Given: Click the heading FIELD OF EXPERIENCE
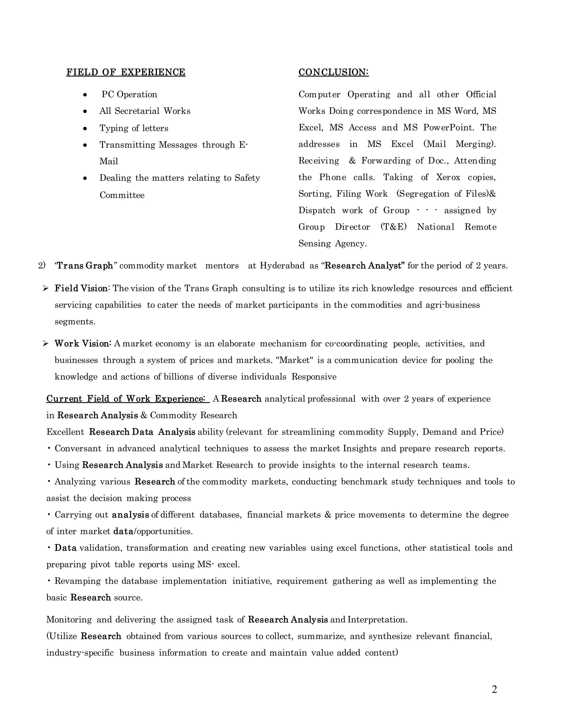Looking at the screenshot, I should (x=126, y=72).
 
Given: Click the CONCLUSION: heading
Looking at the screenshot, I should (x=333, y=72).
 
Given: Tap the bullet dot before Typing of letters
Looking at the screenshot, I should (x=85, y=128).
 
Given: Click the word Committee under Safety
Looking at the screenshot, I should (x=122, y=195).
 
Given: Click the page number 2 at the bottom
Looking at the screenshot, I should (x=494, y=689).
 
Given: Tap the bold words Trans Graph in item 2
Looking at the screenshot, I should (x=85, y=266).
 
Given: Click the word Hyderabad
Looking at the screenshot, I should (x=282, y=266).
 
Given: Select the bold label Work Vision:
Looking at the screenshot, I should (x=83, y=343).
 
